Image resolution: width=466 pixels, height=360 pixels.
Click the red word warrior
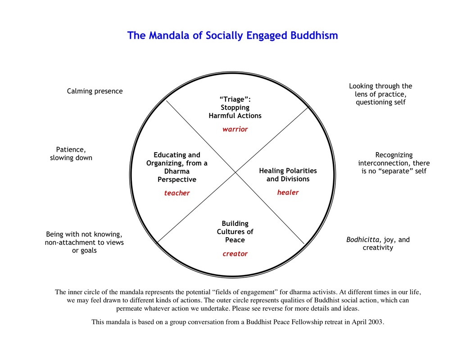pos(235,129)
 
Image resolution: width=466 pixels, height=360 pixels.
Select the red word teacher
pos(177,193)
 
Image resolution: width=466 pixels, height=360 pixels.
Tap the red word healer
pos(288,193)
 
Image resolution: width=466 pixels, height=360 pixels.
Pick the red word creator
pos(235,254)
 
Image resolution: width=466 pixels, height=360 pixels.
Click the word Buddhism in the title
pos(314,35)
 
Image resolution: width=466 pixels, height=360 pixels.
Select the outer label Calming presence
pos(95,91)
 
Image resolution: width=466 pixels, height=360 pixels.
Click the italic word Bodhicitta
pos(363,240)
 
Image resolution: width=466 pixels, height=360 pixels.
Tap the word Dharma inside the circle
pos(177,171)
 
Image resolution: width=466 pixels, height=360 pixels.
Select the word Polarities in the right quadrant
pos(301,171)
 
